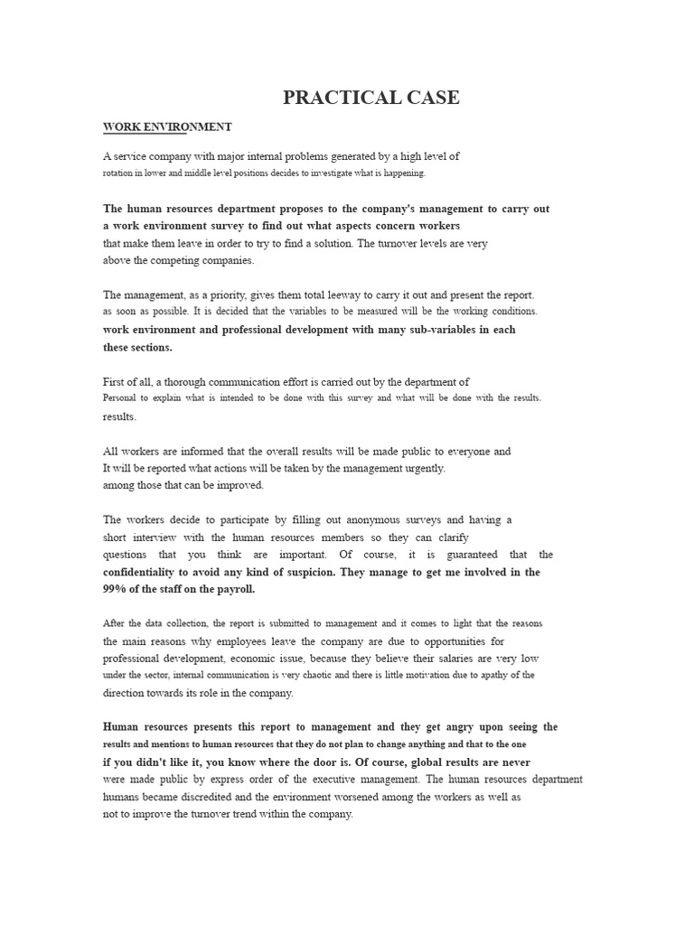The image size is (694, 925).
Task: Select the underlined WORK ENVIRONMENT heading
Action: pos(167,127)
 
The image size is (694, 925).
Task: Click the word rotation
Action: pos(120,173)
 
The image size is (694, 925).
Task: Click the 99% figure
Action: pos(117,589)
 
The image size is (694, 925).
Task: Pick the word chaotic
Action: pos(324,675)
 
